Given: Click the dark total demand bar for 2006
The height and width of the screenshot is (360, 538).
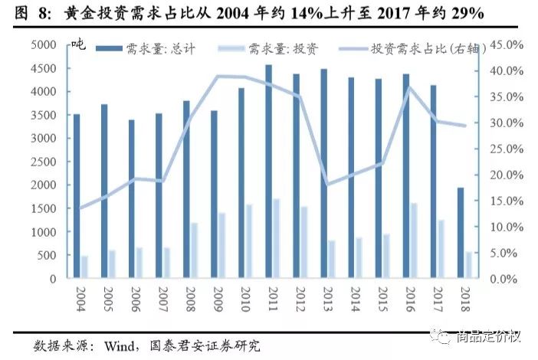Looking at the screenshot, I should [131, 199].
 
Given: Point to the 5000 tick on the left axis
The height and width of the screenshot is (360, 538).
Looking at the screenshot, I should [44, 44].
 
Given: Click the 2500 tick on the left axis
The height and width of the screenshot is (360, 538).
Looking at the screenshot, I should [44, 162].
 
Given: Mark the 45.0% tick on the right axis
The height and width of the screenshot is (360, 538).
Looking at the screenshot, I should [507, 44].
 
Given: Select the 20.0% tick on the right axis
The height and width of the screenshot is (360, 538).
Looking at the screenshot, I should [507, 175].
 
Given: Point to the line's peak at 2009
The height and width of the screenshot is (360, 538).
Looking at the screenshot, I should [218, 76].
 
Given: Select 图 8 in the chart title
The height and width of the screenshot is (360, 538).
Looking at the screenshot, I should [28, 15].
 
